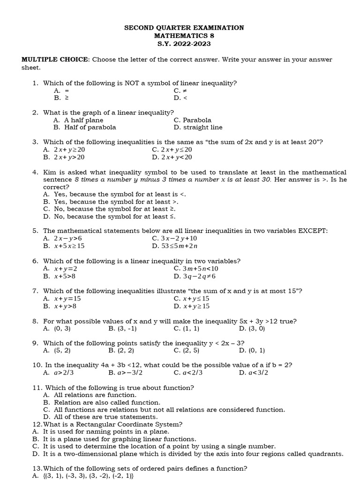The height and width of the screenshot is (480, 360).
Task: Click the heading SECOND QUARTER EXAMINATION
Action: [x=184, y=28]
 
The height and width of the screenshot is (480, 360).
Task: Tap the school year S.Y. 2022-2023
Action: [x=184, y=44]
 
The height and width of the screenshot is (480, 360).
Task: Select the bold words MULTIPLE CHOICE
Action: [x=55, y=60]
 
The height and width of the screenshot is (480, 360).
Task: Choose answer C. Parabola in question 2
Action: [x=192, y=120]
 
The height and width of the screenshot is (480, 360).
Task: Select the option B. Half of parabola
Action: [x=85, y=127]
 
